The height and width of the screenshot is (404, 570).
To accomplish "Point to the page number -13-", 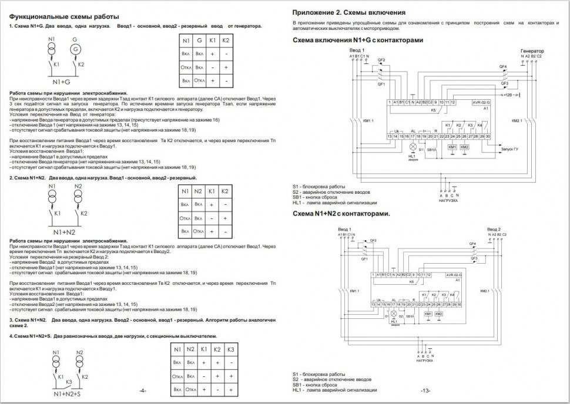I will point(425,390).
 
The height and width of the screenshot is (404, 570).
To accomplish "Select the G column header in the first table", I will point(199,41).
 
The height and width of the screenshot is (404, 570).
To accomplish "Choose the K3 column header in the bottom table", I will point(230,349).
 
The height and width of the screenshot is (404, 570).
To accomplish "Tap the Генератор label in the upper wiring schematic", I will point(532,52).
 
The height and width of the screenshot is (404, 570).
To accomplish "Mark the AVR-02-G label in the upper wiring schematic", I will point(481,102).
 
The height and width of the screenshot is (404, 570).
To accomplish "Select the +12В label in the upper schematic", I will point(507,94).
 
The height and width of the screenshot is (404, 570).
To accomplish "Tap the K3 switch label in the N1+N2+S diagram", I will point(68,382).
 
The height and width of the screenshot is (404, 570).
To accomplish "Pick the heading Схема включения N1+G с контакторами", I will point(357,40).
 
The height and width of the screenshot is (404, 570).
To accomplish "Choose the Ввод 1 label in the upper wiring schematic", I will point(357,51).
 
